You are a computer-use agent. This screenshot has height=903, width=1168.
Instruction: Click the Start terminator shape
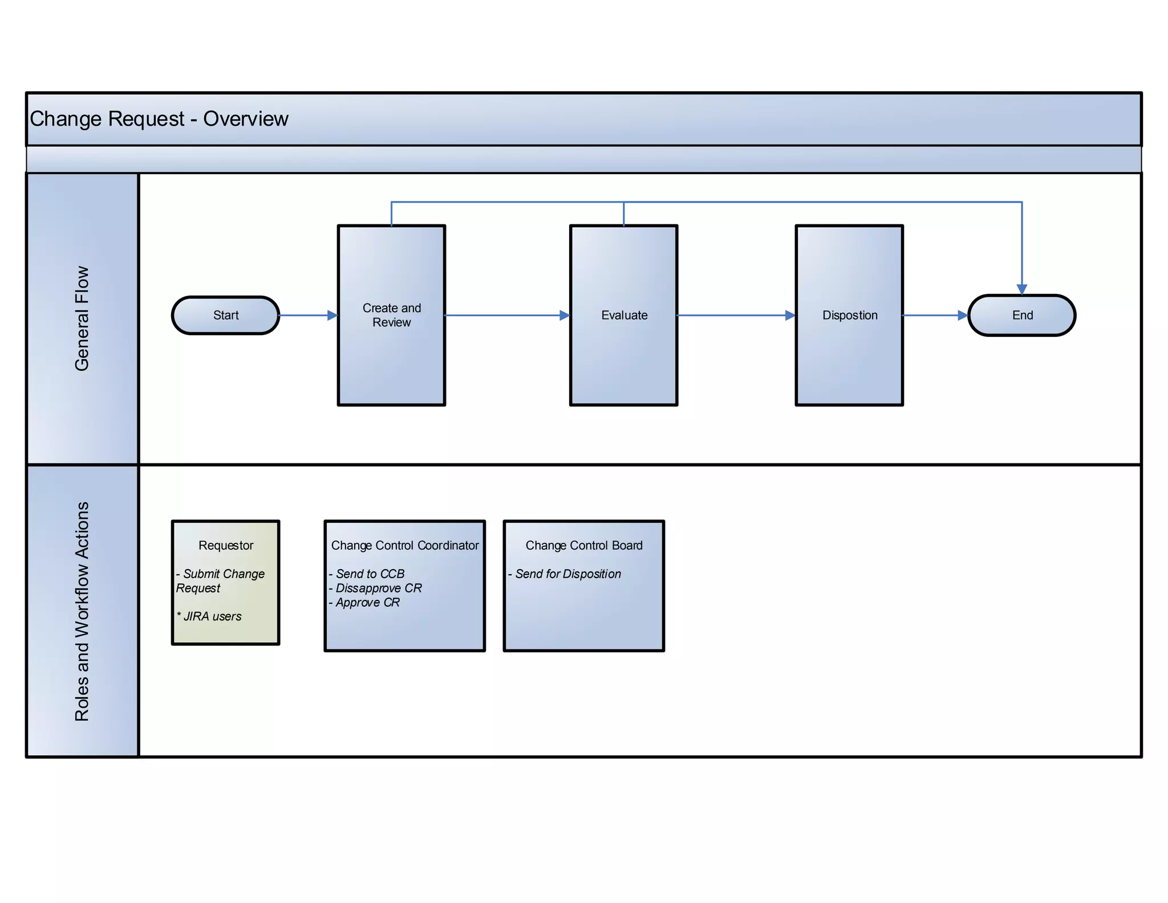click(225, 315)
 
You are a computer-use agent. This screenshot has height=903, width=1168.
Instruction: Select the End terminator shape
click(1021, 315)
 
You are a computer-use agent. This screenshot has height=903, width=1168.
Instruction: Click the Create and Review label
click(392, 315)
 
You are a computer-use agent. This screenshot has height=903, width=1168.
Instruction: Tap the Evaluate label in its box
click(624, 315)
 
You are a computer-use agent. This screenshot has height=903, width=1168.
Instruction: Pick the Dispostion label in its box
click(849, 315)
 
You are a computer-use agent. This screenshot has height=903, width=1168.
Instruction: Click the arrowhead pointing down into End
click(1021, 289)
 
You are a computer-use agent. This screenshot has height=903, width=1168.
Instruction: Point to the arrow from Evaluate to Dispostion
click(736, 315)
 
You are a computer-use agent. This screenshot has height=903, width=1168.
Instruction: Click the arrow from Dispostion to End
click(935, 315)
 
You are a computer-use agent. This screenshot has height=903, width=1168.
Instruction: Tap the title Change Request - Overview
click(159, 119)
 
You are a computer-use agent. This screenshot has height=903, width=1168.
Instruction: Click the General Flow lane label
click(82, 319)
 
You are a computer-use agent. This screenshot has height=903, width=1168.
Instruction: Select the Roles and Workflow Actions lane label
click(82, 611)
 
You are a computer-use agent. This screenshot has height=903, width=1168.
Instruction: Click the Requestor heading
click(225, 545)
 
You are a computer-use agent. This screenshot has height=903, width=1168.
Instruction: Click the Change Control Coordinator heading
click(404, 545)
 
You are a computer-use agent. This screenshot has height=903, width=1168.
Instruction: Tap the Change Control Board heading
click(583, 545)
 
